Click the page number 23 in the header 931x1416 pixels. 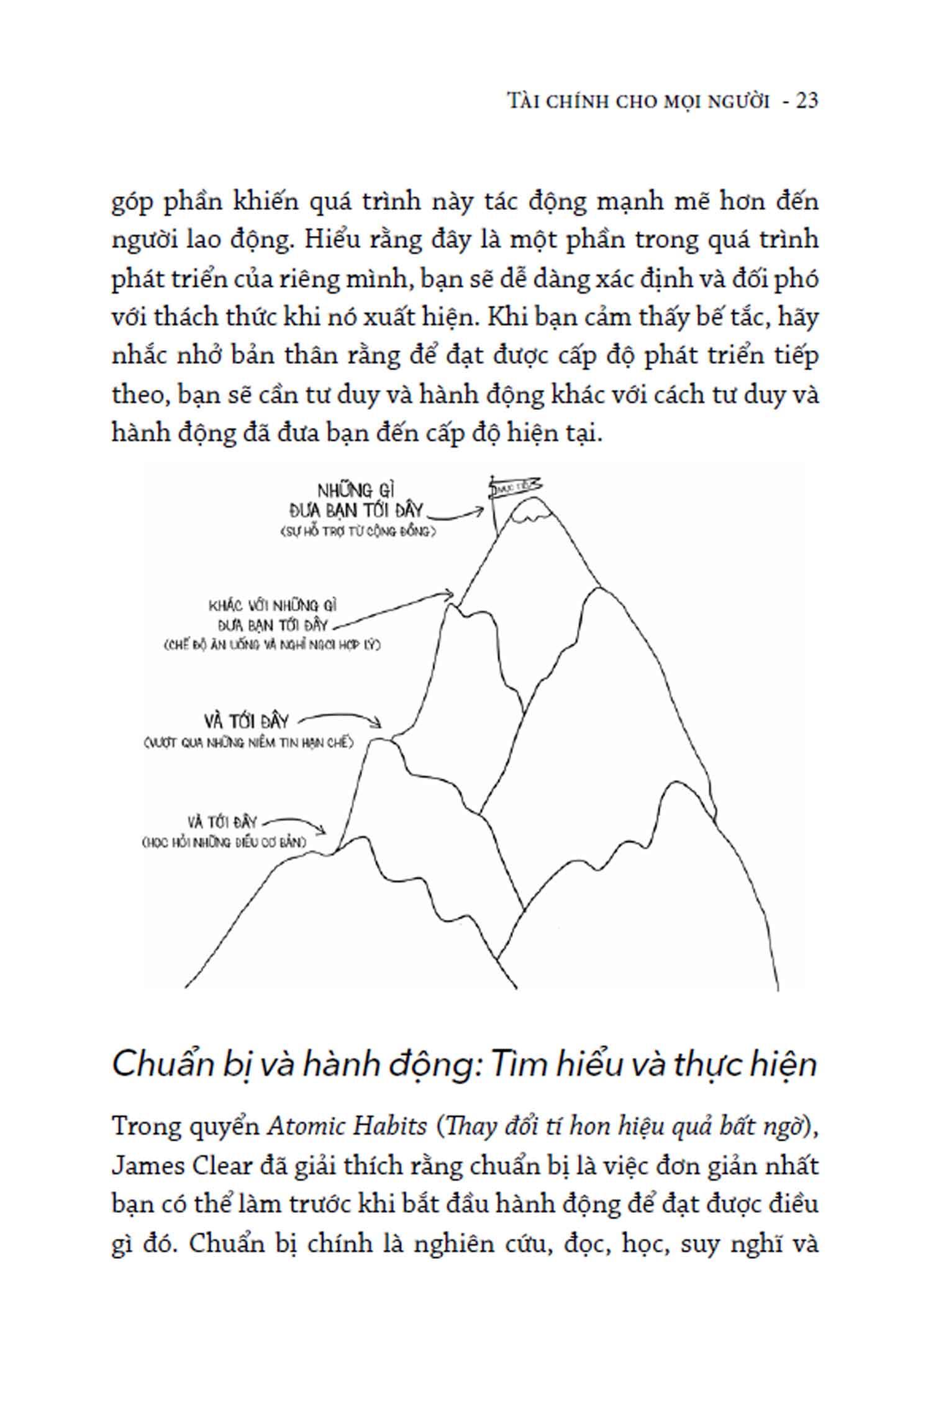click(806, 100)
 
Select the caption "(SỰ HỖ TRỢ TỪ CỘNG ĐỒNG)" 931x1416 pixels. click(358, 532)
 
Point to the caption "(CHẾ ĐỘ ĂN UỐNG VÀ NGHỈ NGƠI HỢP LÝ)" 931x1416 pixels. click(272, 645)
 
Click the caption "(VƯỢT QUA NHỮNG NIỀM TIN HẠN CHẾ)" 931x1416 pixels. click(247, 742)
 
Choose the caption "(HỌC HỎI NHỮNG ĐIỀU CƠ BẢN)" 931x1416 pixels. click(224, 843)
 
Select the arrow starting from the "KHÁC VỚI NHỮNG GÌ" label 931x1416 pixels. click(397, 609)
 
